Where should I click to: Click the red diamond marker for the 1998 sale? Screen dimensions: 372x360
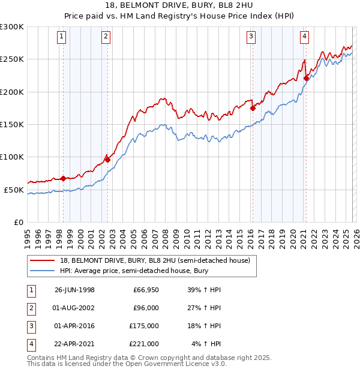tap(63, 178)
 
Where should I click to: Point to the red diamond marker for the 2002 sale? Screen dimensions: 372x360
tap(107, 160)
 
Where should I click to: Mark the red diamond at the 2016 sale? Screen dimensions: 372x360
tap(253, 108)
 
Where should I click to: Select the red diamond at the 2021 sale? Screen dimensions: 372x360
tap(306, 78)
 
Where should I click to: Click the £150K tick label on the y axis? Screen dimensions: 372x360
tap(11, 124)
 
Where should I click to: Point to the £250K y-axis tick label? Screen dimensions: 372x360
tap(11, 59)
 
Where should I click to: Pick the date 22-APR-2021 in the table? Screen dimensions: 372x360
tap(74, 344)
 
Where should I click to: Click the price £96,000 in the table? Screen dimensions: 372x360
tap(145, 308)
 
